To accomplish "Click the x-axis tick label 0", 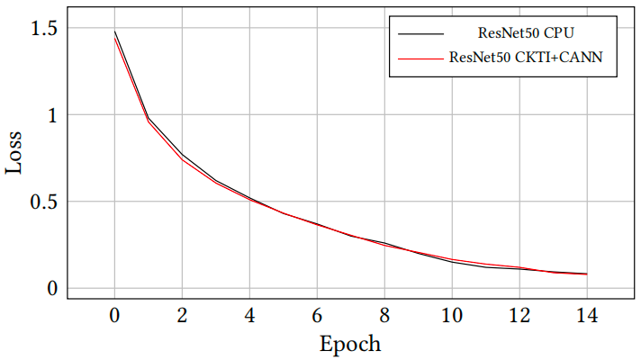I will [114, 316].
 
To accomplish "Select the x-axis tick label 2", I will [182, 316].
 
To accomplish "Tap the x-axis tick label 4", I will [249, 316].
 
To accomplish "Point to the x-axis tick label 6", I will [317, 316].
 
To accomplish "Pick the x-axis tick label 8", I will [384, 316].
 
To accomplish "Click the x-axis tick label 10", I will [452, 316].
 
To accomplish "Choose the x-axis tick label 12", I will [519, 316].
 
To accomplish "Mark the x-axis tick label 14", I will [587, 316].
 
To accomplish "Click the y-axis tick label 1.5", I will [42, 28].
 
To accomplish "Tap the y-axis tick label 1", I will [51, 115].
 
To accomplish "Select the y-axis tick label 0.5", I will [42, 202].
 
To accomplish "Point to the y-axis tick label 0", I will [51, 288].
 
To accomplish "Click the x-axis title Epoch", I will [350, 344].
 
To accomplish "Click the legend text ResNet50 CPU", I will [526, 33].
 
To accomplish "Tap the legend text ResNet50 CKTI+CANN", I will [526, 58].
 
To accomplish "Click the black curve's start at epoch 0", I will [114, 31].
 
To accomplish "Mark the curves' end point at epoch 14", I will [587, 274].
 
